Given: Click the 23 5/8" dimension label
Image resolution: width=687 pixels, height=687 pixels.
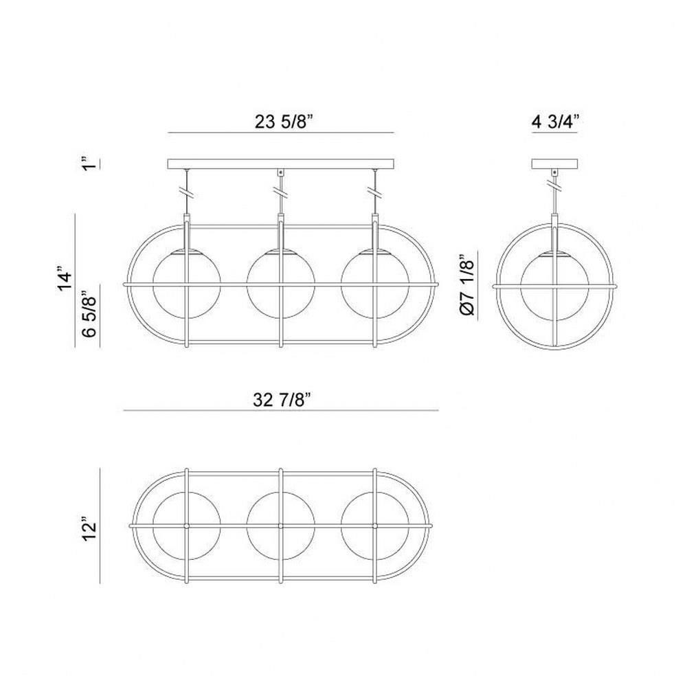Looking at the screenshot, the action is click(x=284, y=122).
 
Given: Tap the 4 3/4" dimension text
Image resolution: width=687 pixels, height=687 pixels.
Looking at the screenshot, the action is click(x=555, y=122).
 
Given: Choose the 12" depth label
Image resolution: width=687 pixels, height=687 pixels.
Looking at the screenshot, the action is click(x=89, y=531).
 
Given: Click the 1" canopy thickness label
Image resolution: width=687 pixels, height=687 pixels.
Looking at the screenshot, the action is click(x=89, y=163).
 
